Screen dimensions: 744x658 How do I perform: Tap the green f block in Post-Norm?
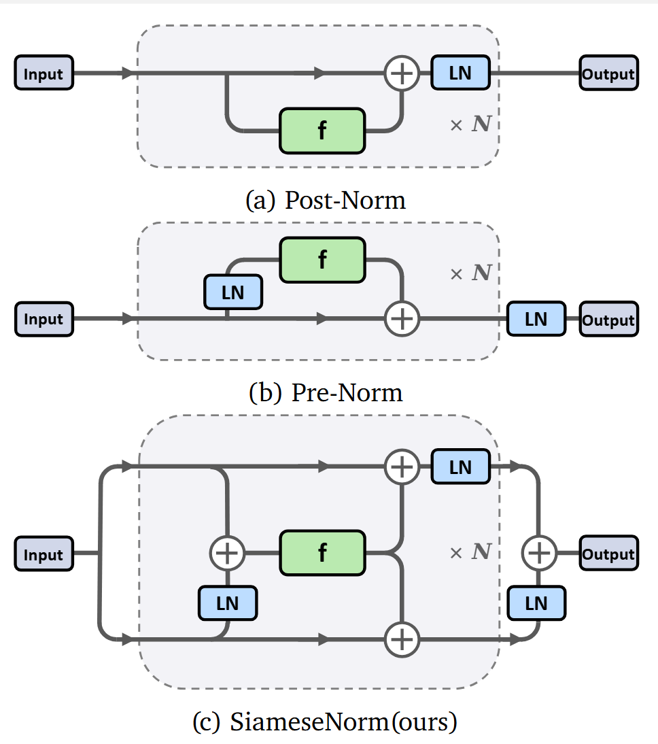322,130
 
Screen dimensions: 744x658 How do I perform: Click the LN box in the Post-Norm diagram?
460,72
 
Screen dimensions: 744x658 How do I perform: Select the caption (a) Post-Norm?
326,200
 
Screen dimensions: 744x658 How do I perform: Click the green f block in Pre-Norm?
322,260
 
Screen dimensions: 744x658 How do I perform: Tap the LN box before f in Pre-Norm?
233,292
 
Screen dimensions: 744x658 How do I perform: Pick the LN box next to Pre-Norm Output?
536,318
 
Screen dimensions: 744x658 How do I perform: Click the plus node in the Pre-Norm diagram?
402,318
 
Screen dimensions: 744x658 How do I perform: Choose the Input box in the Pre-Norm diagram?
44,319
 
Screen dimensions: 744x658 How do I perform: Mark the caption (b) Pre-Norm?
326,392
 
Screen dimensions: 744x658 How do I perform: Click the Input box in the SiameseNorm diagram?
44,554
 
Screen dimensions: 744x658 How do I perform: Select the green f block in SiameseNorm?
322,553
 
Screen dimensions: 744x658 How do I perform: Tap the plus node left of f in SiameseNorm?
227,553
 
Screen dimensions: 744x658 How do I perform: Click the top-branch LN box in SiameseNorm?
460,467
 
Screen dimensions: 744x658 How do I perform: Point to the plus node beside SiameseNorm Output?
538,554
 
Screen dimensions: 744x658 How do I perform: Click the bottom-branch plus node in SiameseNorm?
402,639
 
